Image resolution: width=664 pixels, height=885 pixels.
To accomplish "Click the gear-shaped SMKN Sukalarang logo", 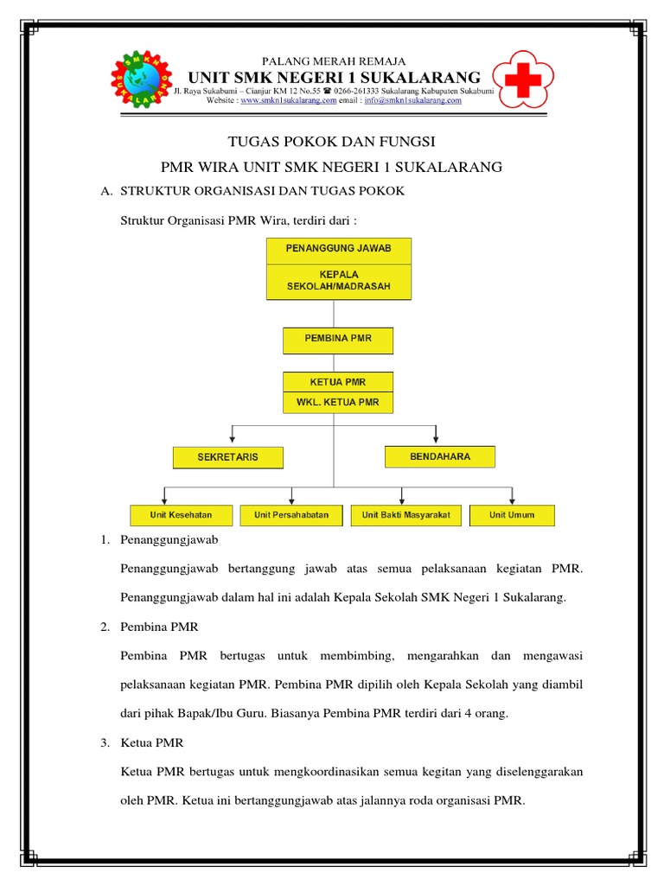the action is pyautogui.click(x=141, y=79).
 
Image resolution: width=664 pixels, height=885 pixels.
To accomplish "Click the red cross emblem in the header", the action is pyautogui.click(x=523, y=80).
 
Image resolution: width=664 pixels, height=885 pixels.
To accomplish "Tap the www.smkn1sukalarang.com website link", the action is pyautogui.click(x=289, y=100).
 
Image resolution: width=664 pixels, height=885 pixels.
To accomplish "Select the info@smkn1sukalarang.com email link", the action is pyautogui.click(x=412, y=100).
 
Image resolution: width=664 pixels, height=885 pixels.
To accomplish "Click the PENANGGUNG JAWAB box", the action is pyautogui.click(x=339, y=251).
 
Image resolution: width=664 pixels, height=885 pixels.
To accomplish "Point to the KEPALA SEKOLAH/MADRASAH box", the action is pyautogui.click(x=339, y=282).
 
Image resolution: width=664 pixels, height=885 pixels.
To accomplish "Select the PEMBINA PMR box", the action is pyautogui.click(x=338, y=341).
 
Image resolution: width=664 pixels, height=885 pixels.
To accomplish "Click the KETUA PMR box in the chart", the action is pyautogui.click(x=338, y=382).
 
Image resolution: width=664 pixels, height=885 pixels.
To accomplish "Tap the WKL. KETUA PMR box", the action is pyautogui.click(x=338, y=403).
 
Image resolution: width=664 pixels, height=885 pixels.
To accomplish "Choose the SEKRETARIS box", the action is pyautogui.click(x=228, y=458).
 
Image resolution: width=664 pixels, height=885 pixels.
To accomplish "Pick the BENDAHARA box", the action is pyautogui.click(x=440, y=456).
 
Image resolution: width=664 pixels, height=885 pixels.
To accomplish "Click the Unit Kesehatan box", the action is pyautogui.click(x=182, y=515).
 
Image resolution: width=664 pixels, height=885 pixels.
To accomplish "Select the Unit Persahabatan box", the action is pyautogui.click(x=291, y=515).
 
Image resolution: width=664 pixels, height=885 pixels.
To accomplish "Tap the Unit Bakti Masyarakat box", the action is pyautogui.click(x=406, y=515).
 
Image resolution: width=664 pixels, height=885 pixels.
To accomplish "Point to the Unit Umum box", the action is pyautogui.click(x=512, y=515).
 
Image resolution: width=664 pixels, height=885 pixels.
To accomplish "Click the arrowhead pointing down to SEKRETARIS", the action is pyautogui.click(x=232, y=439).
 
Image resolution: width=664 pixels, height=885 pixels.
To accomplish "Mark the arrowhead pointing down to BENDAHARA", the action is pyautogui.click(x=436, y=439).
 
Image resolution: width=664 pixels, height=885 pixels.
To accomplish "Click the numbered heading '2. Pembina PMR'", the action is pyautogui.click(x=150, y=627).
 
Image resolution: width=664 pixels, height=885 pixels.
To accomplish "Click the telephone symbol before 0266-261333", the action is pyautogui.click(x=327, y=91).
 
